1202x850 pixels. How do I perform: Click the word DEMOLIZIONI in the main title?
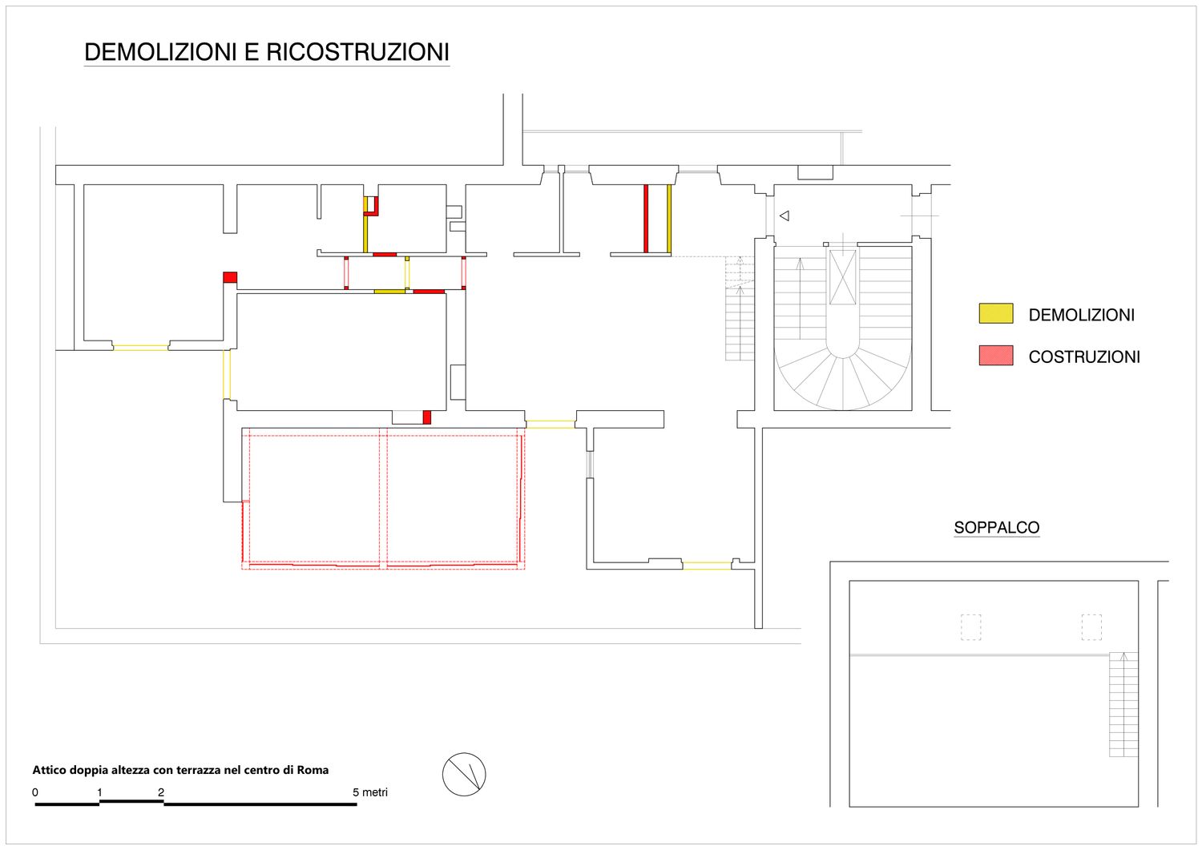[x=160, y=52]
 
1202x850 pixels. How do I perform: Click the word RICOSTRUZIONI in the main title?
[x=357, y=52]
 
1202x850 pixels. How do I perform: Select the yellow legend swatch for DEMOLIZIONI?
[x=996, y=313]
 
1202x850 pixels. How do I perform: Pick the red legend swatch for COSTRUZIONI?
[x=996, y=355]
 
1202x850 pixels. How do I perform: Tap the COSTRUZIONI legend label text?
[x=1084, y=357]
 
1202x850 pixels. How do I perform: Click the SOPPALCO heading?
[x=997, y=527]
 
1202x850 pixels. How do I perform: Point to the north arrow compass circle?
[x=464, y=775]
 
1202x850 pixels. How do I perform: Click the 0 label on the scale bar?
[x=35, y=792]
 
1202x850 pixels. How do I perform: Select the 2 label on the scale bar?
[x=161, y=792]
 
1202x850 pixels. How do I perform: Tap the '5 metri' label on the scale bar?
[x=369, y=792]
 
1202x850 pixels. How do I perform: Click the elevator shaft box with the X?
[x=842, y=277]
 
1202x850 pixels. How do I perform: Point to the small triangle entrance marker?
[x=785, y=216]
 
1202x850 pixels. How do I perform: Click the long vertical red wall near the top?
[x=646, y=219]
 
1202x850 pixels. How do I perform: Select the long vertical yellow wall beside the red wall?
[x=669, y=219]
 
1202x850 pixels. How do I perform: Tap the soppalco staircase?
[x=1123, y=704]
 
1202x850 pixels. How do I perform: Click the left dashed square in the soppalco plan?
[x=970, y=626]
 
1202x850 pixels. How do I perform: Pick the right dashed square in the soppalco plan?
[x=1091, y=626]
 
